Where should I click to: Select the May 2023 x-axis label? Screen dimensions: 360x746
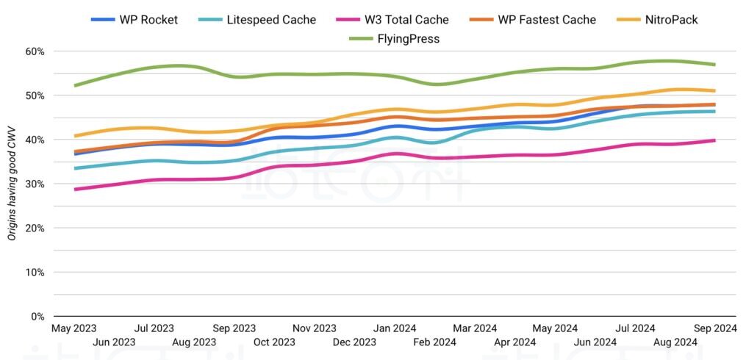point(73,328)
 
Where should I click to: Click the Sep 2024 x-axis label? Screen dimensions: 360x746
point(714,328)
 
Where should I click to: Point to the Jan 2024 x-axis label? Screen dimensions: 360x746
point(395,328)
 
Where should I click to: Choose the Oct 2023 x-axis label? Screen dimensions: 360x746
point(274,342)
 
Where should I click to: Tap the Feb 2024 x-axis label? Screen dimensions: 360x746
point(434,342)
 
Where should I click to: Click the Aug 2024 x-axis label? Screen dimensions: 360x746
point(675,342)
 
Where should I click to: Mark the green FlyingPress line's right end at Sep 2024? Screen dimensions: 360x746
point(714,65)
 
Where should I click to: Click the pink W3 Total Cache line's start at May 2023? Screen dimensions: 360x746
point(75,190)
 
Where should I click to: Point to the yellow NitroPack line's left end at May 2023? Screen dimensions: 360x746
point(75,136)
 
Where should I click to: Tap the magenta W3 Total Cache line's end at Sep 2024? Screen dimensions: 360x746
point(714,140)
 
